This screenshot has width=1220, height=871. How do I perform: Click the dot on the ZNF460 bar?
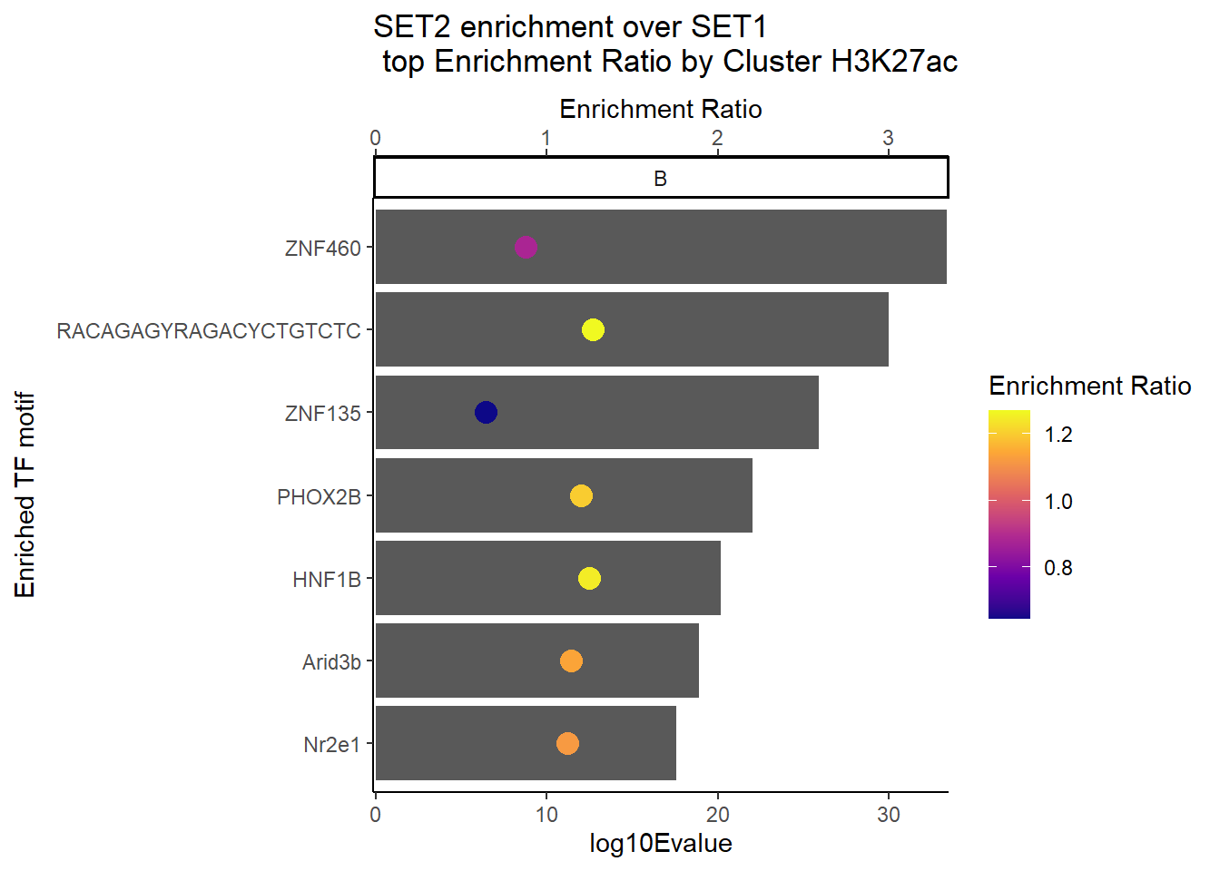[x=526, y=247]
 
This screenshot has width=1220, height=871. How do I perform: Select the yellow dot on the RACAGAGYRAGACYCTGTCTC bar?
[x=593, y=329]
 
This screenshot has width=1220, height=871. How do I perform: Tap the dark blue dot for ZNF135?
[x=486, y=413]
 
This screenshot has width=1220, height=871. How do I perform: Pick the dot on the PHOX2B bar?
[x=581, y=495]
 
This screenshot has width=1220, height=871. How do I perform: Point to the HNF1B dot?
[x=589, y=578]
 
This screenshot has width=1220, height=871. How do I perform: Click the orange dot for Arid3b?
[x=571, y=661]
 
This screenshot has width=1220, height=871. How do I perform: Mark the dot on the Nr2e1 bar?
[x=567, y=744]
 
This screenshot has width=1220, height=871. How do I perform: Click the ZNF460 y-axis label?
[x=322, y=249]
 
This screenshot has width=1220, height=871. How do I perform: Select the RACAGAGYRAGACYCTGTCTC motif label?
[x=209, y=331]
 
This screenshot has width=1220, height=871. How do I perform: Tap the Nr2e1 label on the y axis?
[x=331, y=745]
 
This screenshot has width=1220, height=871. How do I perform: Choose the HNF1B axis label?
[x=326, y=579]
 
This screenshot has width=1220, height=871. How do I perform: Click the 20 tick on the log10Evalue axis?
[x=717, y=814]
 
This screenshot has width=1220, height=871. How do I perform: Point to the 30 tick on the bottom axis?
[x=889, y=814]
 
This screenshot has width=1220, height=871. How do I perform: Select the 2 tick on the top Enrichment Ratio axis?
[x=717, y=138]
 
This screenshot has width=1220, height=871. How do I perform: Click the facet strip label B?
[x=661, y=179]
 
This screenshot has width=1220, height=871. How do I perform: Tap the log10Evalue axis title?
[x=660, y=844]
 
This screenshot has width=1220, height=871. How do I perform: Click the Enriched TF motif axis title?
[x=25, y=494]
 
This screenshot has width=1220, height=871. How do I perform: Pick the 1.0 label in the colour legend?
[x=1058, y=502]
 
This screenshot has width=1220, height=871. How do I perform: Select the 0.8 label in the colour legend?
[x=1058, y=568]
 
